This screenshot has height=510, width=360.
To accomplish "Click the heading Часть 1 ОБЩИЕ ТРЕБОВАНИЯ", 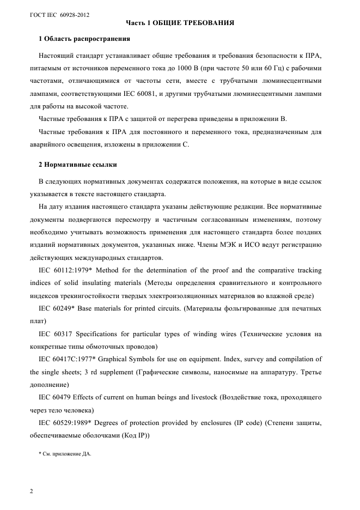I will (x=180, y=23).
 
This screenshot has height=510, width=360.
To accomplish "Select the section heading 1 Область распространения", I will (x=84, y=39).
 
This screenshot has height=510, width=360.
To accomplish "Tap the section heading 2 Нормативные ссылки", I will (x=77, y=164).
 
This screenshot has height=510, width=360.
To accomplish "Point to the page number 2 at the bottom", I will (x=31, y=491).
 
